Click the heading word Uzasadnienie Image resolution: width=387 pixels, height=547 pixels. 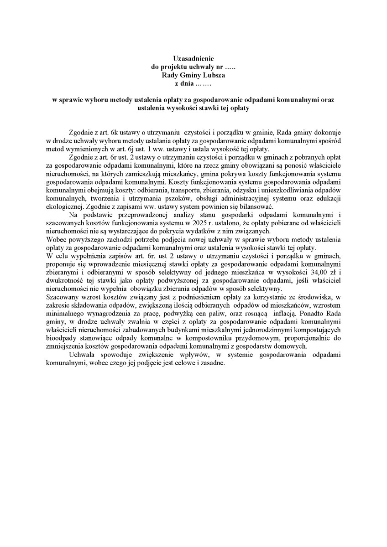(193, 58)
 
